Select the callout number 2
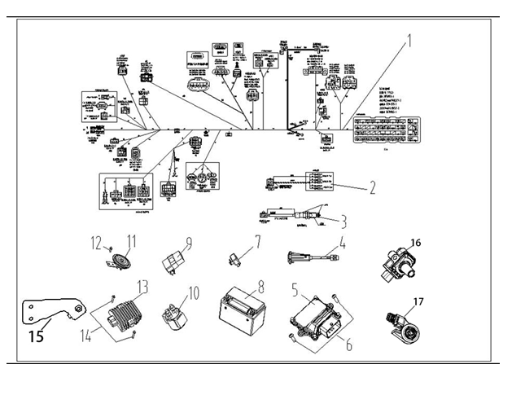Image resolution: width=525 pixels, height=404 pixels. pos(371,187)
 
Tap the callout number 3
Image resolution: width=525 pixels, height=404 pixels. pos(344,221)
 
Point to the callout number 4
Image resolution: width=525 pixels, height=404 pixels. pos(342,242)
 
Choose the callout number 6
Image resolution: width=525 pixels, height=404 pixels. pos(348,345)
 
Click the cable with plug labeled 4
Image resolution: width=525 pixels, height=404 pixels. pos(309,260)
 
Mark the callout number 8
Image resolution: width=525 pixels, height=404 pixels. pos(261,287)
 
